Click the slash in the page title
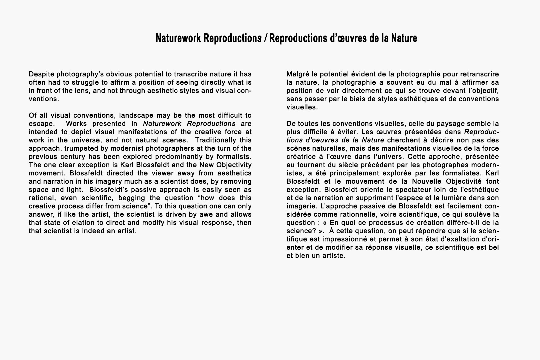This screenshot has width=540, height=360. [x=265, y=38]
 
